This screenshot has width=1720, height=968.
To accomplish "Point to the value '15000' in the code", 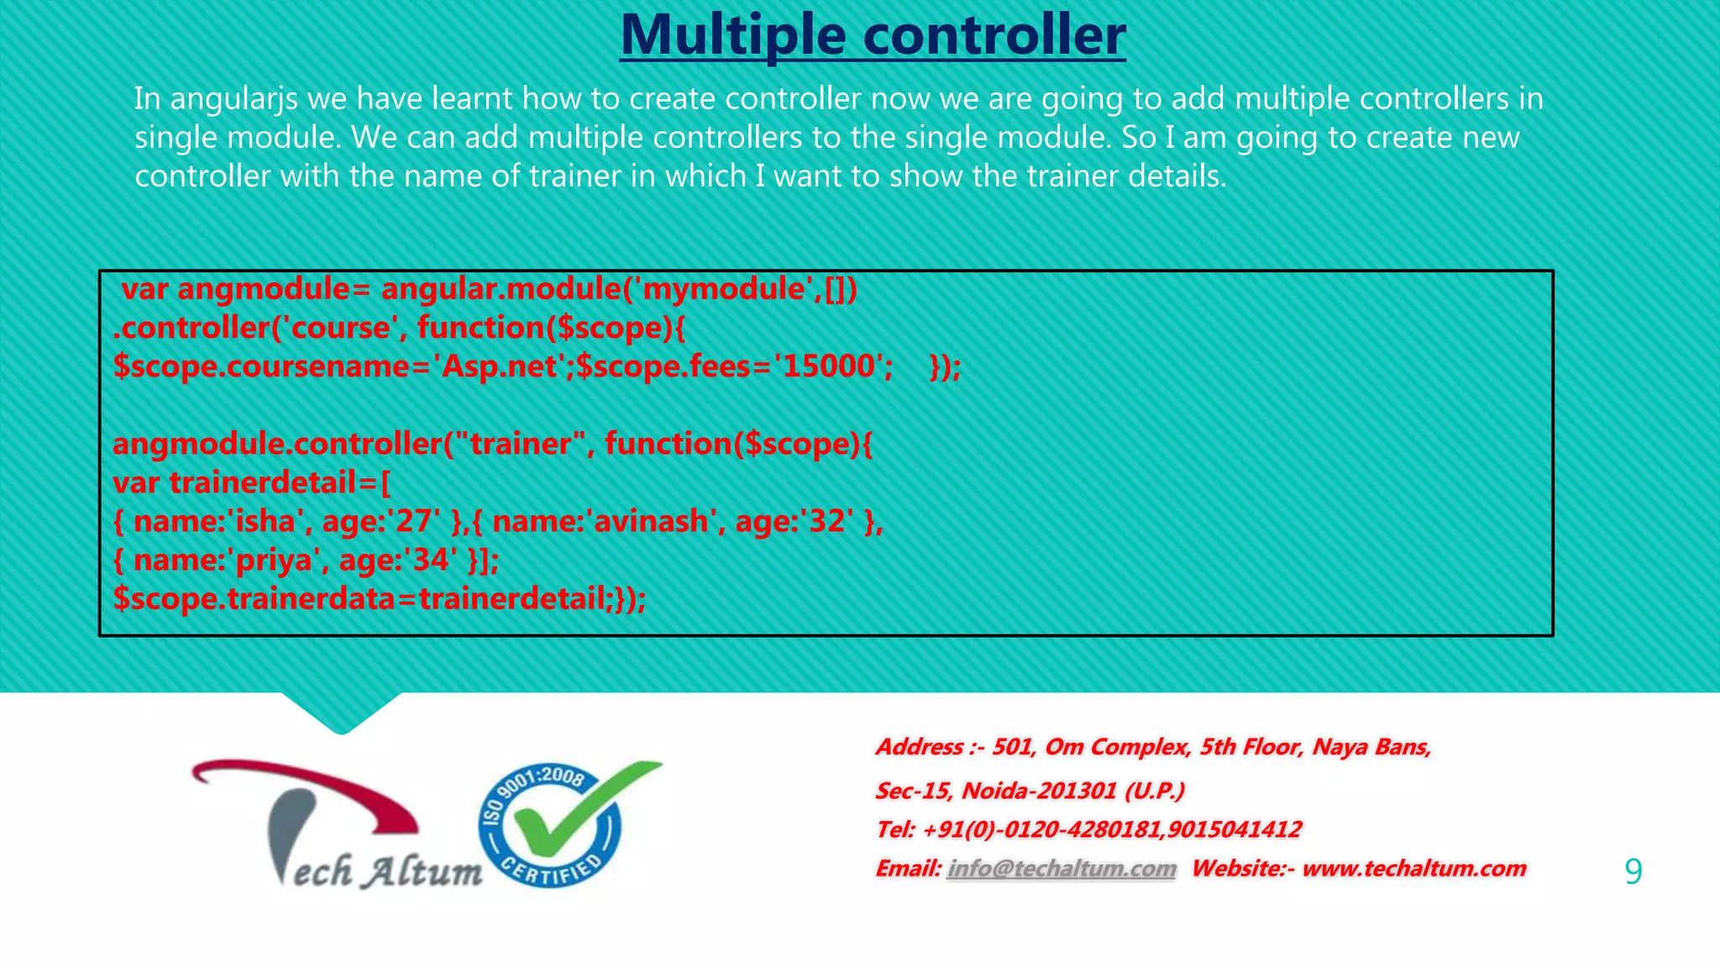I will (x=828, y=366).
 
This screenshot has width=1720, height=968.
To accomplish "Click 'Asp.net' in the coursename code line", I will (x=501, y=367).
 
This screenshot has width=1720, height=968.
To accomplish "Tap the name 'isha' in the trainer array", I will (x=265, y=522).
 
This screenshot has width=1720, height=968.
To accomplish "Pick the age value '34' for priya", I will (x=430, y=560).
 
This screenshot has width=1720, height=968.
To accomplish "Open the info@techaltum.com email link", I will (x=1062, y=869).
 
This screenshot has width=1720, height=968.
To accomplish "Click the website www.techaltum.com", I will (x=1413, y=869).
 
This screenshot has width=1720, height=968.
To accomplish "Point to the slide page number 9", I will (x=1633, y=871).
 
